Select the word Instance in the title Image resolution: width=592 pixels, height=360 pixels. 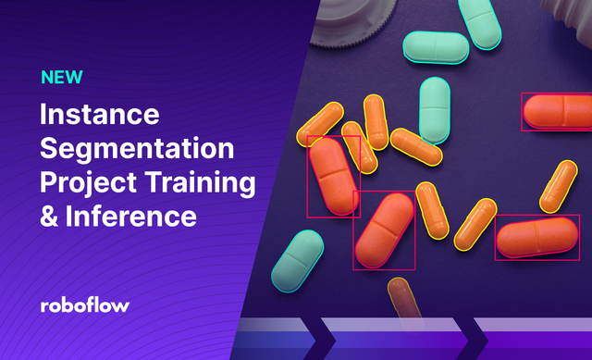click(100, 117)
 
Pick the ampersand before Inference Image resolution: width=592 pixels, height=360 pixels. click(50, 216)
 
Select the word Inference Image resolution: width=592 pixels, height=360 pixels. click(131, 216)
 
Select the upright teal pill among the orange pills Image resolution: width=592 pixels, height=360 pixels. click(435, 109)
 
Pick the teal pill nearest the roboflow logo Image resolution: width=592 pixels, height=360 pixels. click(297, 257)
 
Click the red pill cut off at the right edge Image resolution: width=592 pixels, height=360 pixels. click(558, 111)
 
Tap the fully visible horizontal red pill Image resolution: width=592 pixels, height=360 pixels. click(536, 237)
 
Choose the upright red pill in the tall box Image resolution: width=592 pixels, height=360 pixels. click(332, 175)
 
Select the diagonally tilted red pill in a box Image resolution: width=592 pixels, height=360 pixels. click(384, 230)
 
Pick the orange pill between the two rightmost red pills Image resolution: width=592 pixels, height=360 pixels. click(558, 186)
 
